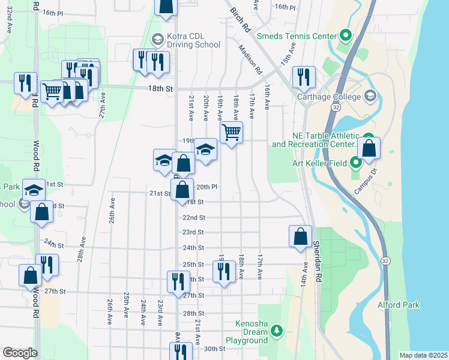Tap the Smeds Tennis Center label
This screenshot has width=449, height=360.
[296, 36]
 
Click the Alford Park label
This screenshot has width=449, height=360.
[398, 305]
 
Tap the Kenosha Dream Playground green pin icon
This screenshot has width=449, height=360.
[276, 331]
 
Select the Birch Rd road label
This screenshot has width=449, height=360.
[240, 20]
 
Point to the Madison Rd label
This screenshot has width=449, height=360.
[250, 60]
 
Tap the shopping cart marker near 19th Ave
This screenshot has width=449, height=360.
[231, 132]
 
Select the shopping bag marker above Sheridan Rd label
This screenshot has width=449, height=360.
[300, 236]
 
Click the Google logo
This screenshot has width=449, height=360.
[20, 353]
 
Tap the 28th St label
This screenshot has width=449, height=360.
[194, 314]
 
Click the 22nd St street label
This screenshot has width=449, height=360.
[194, 218]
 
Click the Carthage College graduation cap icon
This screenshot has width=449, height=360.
[370, 96]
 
